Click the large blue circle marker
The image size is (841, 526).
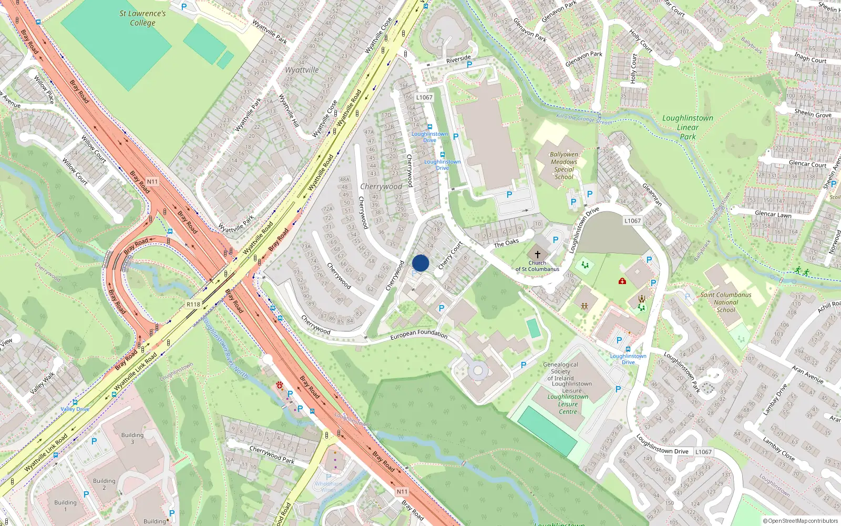(420, 263)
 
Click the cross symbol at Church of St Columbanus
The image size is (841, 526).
(537, 254)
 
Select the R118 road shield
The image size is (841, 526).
(193, 305)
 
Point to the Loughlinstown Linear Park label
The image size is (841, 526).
(688, 127)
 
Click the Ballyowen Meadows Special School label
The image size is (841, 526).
(564, 166)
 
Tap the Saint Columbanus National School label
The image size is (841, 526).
(726, 302)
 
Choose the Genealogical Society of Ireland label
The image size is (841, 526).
(560, 371)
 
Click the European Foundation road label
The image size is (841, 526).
(419, 334)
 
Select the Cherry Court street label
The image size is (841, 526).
(450, 255)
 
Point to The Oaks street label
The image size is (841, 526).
(506, 242)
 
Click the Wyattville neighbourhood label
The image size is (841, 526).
(302, 70)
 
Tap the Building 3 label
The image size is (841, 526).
(132, 438)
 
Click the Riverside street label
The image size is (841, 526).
(458, 59)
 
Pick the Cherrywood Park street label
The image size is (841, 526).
(272, 455)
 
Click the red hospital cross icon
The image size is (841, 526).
(622, 281)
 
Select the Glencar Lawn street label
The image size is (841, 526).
(773, 214)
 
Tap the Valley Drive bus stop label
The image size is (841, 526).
(75, 409)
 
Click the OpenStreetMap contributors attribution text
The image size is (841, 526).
(801, 521)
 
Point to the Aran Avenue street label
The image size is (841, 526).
(808, 374)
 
